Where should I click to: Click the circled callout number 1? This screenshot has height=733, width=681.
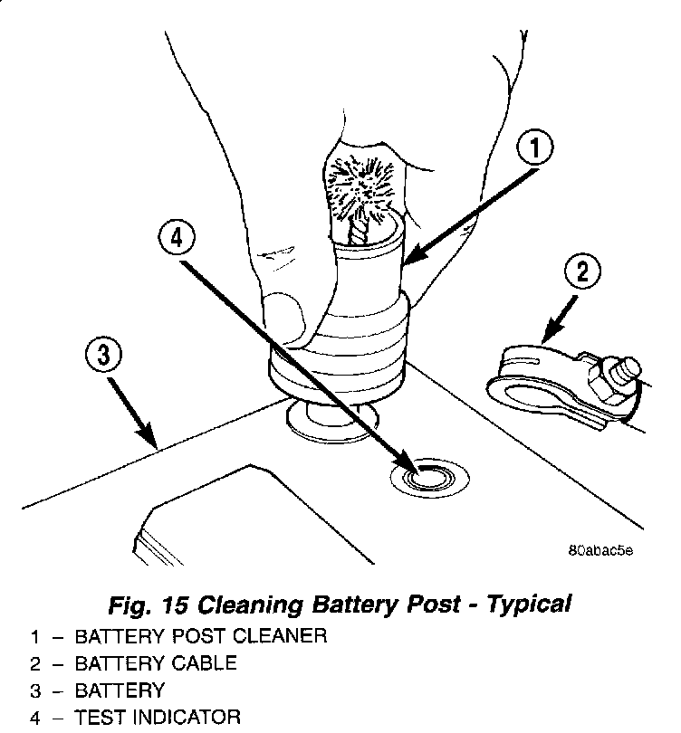pyautogui.click(x=535, y=148)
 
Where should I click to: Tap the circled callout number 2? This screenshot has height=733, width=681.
pyautogui.click(x=582, y=271)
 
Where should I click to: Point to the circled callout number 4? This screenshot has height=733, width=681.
pyautogui.click(x=177, y=238)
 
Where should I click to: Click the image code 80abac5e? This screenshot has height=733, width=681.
pyautogui.click(x=601, y=550)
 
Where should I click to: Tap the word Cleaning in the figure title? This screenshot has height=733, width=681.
pyautogui.click(x=250, y=605)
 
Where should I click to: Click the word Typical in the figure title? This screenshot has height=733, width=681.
pyautogui.click(x=529, y=604)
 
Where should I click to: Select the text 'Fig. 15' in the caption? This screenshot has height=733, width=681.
pyautogui.click(x=149, y=604)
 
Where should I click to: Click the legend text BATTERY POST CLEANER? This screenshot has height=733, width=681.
pyautogui.click(x=201, y=637)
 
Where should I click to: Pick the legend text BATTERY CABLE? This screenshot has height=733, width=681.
pyautogui.click(x=156, y=664)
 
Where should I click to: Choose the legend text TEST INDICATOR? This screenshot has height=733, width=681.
pyautogui.click(x=158, y=717)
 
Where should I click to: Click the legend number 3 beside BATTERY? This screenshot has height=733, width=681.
pyautogui.click(x=35, y=691)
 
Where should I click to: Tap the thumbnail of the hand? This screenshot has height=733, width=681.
pyautogui.click(x=284, y=319)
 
